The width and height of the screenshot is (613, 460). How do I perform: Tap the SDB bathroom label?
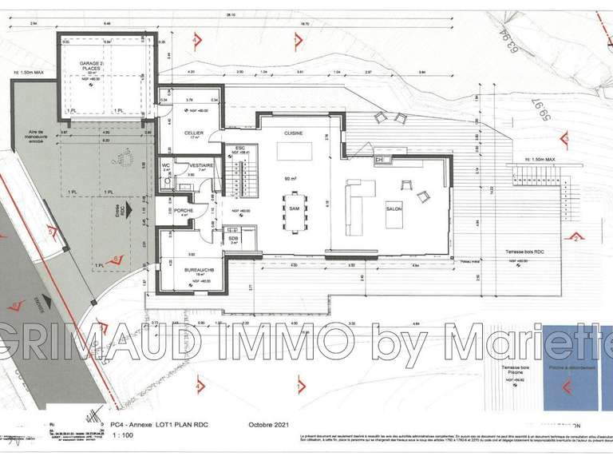coord(234,238)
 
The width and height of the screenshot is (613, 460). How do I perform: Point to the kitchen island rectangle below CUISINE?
coord(295,151)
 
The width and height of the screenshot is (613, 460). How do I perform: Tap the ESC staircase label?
coord(239,149)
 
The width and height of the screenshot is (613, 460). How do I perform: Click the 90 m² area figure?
coord(295,178)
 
